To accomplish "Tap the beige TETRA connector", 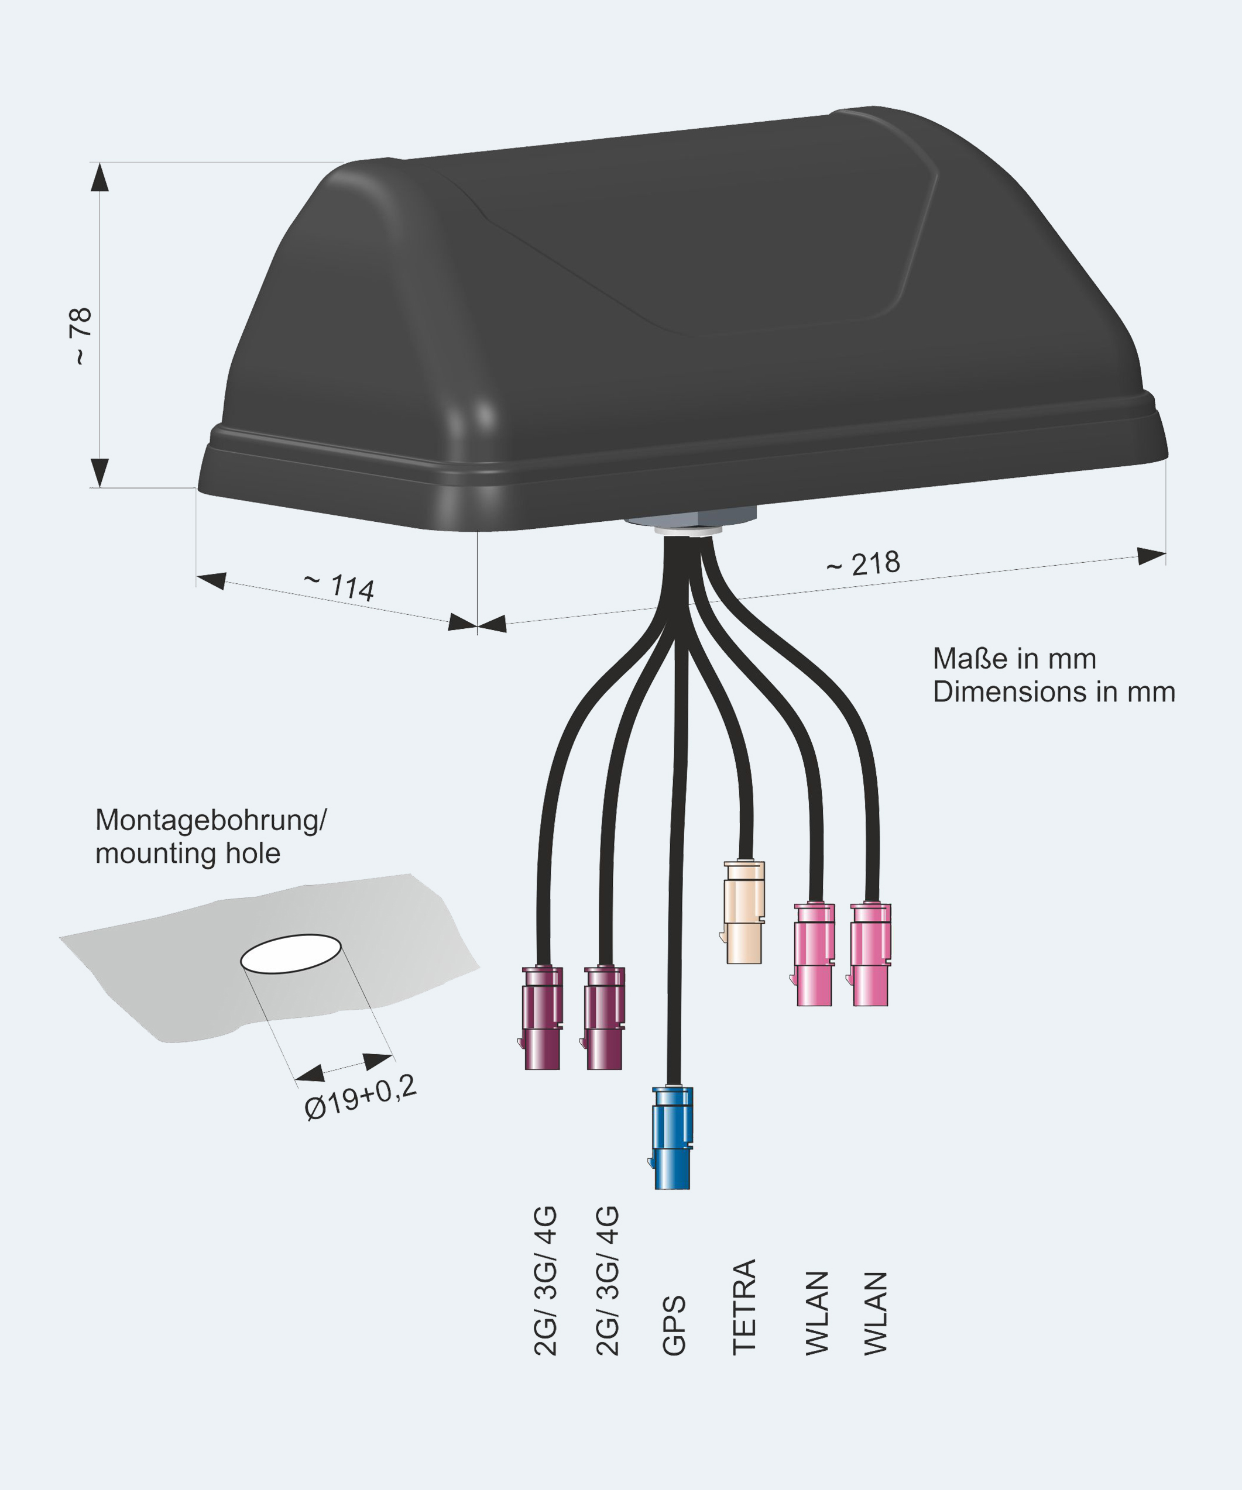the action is pos(744,913).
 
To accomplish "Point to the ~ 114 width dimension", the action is pos(340,586).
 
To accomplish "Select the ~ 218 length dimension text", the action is pos(863,565).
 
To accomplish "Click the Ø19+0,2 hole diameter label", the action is pos(360,1097).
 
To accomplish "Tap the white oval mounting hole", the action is pos(291,954).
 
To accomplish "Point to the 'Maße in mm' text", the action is pos(1014,659).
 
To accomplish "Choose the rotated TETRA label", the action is pos(744,1307).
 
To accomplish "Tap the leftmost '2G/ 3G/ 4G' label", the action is pos(545,1281).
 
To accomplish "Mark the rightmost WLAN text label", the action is pos(876,1313).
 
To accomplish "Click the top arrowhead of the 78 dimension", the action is pos(100,177).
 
